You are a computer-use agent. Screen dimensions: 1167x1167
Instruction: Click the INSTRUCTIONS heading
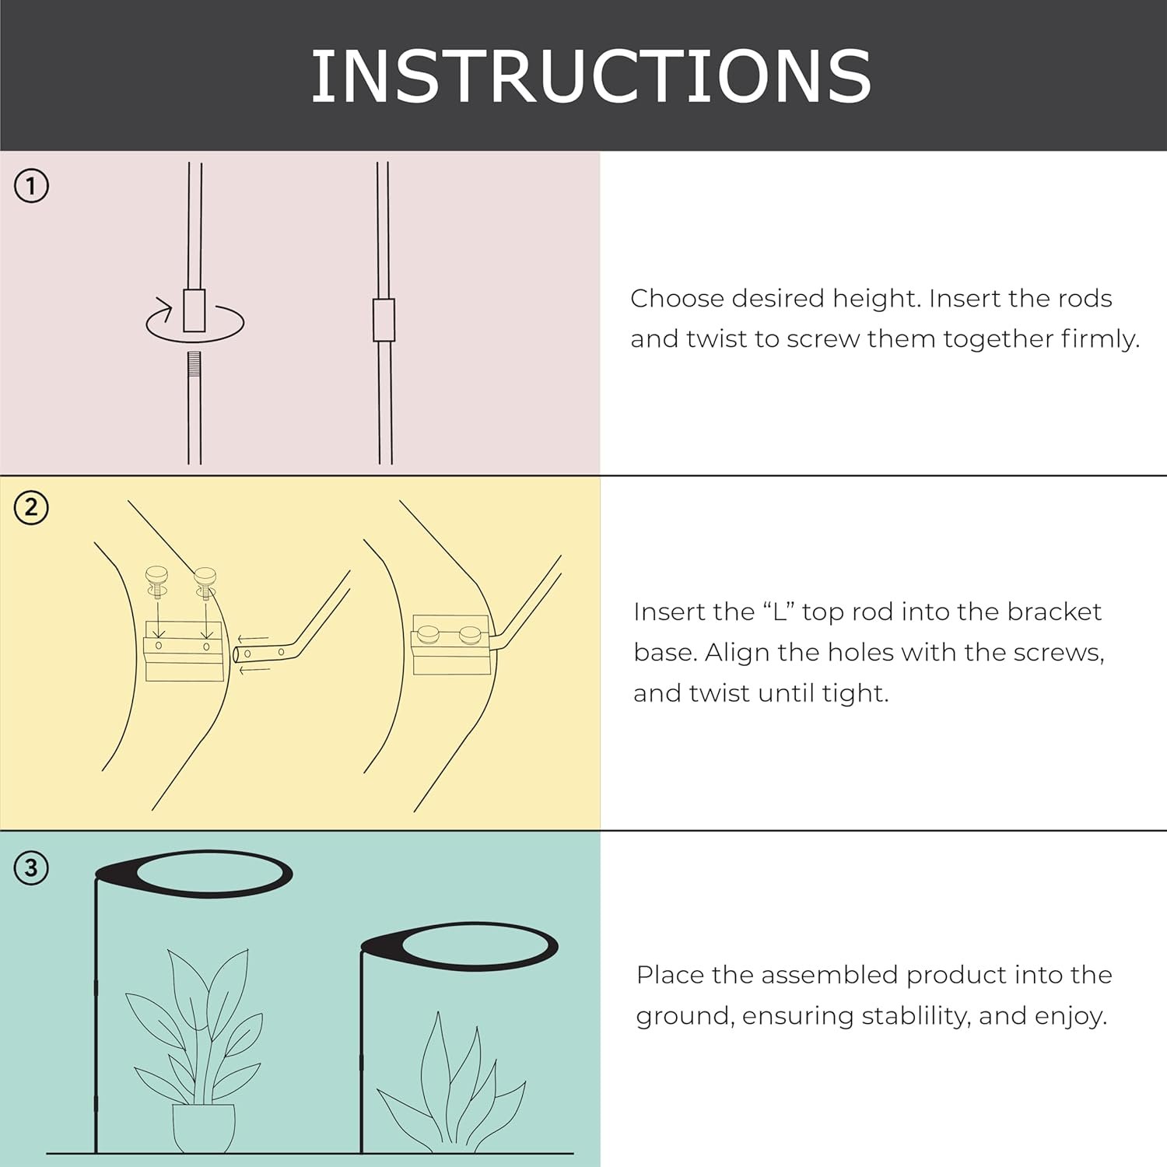(591, 75)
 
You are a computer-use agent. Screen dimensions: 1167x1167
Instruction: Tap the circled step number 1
(31, 187)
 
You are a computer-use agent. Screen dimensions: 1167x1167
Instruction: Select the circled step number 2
(31, 508)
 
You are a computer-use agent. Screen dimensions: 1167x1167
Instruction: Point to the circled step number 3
(31, 867)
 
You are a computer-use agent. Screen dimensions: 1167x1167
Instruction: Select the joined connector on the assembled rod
(384, 320)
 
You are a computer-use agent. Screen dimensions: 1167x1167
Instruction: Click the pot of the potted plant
(204, 1127)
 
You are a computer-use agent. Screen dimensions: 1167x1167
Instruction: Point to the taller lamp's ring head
(193, 874)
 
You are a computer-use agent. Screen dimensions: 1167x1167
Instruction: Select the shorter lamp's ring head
(460, 946)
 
